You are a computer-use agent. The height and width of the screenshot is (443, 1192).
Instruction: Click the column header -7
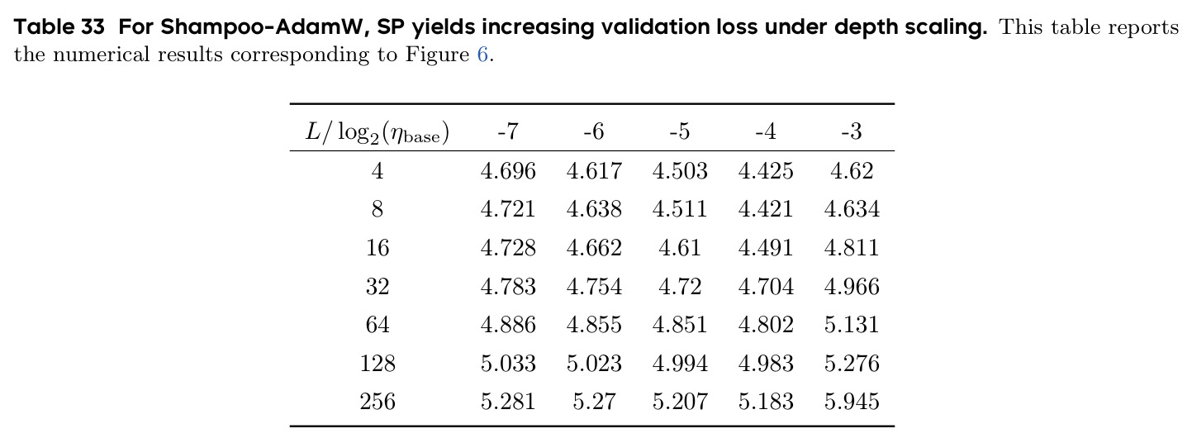click(x=508, y=131)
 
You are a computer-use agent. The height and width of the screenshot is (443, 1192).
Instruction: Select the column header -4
click(x=765, y=131)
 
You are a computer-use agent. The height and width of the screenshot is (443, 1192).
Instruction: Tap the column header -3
click(x=852, y=131)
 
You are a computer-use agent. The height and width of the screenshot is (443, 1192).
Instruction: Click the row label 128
click(x=378, y=363)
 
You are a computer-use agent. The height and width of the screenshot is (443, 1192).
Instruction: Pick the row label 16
click(x=378, y=248)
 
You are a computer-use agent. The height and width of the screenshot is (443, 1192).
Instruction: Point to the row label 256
click(x=378, y=402)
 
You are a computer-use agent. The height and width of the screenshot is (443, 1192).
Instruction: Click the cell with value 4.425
click(x=765, y=171)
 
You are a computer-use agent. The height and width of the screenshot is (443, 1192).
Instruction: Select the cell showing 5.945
click(x=852, y=402)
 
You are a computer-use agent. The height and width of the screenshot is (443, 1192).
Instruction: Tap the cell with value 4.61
click(x=680, y=248)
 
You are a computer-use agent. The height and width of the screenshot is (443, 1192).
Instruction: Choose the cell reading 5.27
click(x=594, y=402)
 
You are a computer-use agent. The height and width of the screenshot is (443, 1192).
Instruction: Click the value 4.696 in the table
click(x=508, y=171)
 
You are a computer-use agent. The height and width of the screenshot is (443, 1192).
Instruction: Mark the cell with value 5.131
click(x=852, y=324)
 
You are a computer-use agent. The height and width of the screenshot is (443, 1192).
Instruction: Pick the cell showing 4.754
click(x=594, y=287)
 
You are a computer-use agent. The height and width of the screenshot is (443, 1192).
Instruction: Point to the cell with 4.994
click(x=680, y=363)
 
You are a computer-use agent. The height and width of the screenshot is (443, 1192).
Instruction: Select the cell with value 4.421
click(x=765, y=209)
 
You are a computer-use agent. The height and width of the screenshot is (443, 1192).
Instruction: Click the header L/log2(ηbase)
click(x=378, y=132)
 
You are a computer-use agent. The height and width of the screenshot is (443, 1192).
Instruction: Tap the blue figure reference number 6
click(x=482, y=55)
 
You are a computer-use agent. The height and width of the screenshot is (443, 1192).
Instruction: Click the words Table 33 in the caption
click(x=59, y=26)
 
